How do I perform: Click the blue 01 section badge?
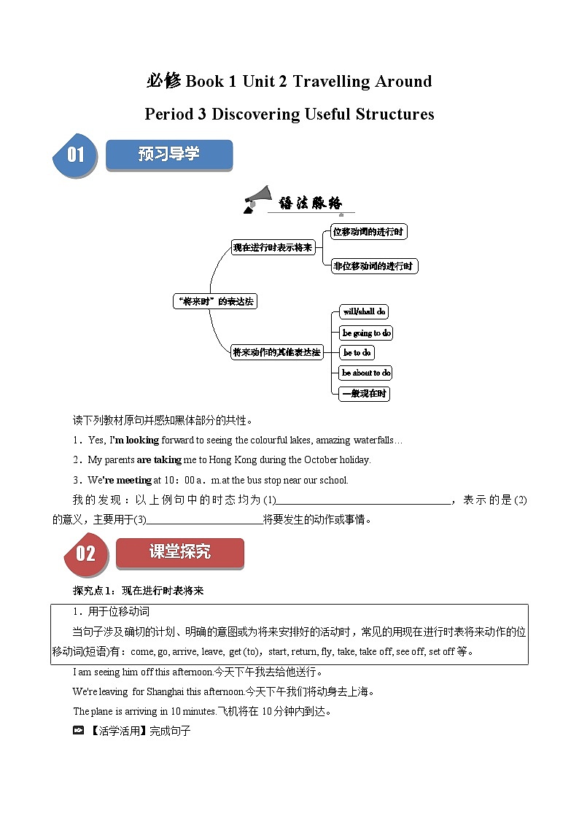coord(75,155)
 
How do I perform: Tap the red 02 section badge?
coord(85,553)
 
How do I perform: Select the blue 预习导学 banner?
coord(169,155)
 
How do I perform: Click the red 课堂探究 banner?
coord(180,552)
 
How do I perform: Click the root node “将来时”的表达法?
coord(214,301)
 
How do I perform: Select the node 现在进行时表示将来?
coord(272,247)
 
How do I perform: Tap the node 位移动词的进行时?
coord(368,232)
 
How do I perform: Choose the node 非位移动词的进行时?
coord(373,266)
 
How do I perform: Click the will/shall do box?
coord(364,311)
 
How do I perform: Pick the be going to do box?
coord(366,333)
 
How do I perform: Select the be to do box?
coord(357,352)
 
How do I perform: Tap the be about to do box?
coord(366,373)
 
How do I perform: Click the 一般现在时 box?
coord(365,394)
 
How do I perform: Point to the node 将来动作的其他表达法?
coord(276,352)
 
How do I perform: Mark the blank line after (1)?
coord(365,500)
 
